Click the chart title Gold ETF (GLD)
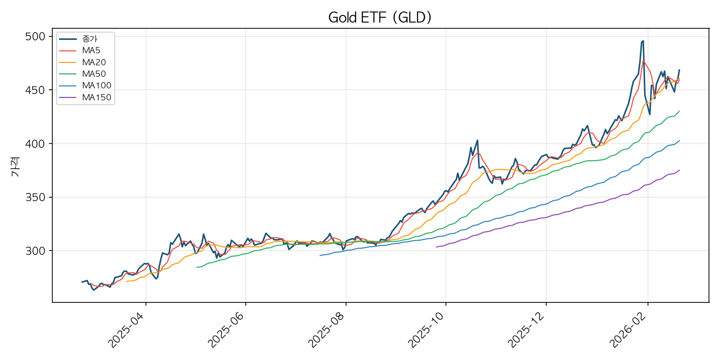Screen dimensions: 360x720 tap(380, 18)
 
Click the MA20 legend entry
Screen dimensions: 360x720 tap(94, 62)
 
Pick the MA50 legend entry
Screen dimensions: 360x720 tap(94, 74)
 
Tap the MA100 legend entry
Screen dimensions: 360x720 tap(96, 86)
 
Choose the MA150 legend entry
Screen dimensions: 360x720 tap(96, 97)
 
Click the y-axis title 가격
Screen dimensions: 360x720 tap(15, 168)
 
